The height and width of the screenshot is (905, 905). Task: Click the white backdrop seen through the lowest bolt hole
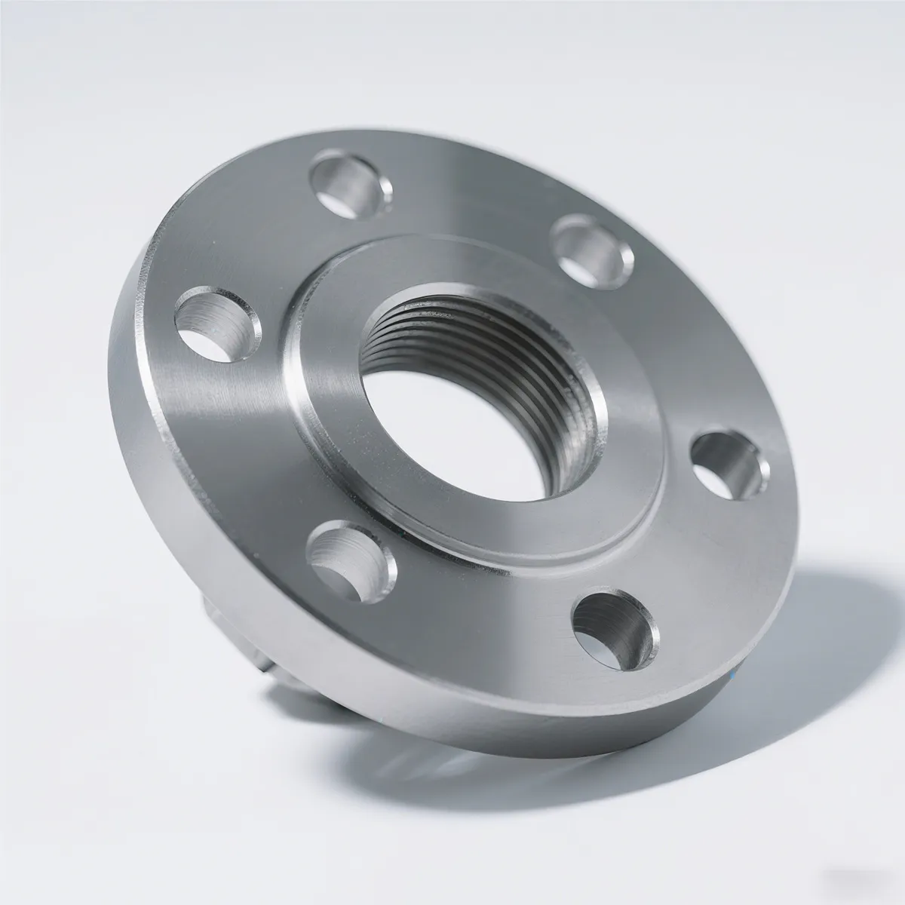(603, 641)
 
